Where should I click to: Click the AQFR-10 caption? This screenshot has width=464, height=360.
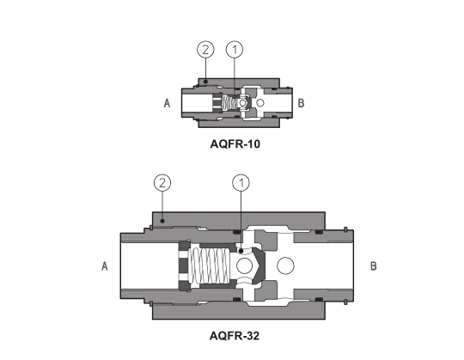(235, 144)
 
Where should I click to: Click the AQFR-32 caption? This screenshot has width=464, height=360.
(235, 336)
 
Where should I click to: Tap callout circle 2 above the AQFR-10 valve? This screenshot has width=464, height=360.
(205, 49)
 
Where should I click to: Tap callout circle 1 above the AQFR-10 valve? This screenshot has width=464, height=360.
(235, 49)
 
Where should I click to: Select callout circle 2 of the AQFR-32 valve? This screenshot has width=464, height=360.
(162, 183)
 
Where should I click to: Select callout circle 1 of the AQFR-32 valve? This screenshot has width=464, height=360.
(241, 183)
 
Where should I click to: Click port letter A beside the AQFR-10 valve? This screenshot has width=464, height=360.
(168, 103)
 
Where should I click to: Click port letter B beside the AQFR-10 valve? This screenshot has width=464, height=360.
(301, 103)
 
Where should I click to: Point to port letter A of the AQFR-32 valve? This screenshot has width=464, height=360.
(105, 266)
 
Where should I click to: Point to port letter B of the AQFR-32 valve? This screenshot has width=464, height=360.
(374, 266)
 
